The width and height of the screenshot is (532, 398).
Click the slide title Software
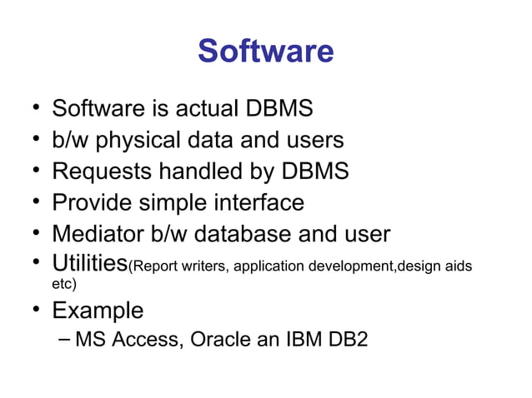pyautogui.click(x=265, y=52)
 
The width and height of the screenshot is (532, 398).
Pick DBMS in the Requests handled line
pyautogui.click(x=314, y=172)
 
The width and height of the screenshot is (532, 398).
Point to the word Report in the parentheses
pyautogui.click(x=153, y=267)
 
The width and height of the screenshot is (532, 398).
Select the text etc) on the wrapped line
pyautogui.click(x=63, y=285)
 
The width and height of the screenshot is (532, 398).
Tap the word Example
pyautogui.click(x=98, y=311)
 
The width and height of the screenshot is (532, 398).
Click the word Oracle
pyautogui.click(x=222, y=341)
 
